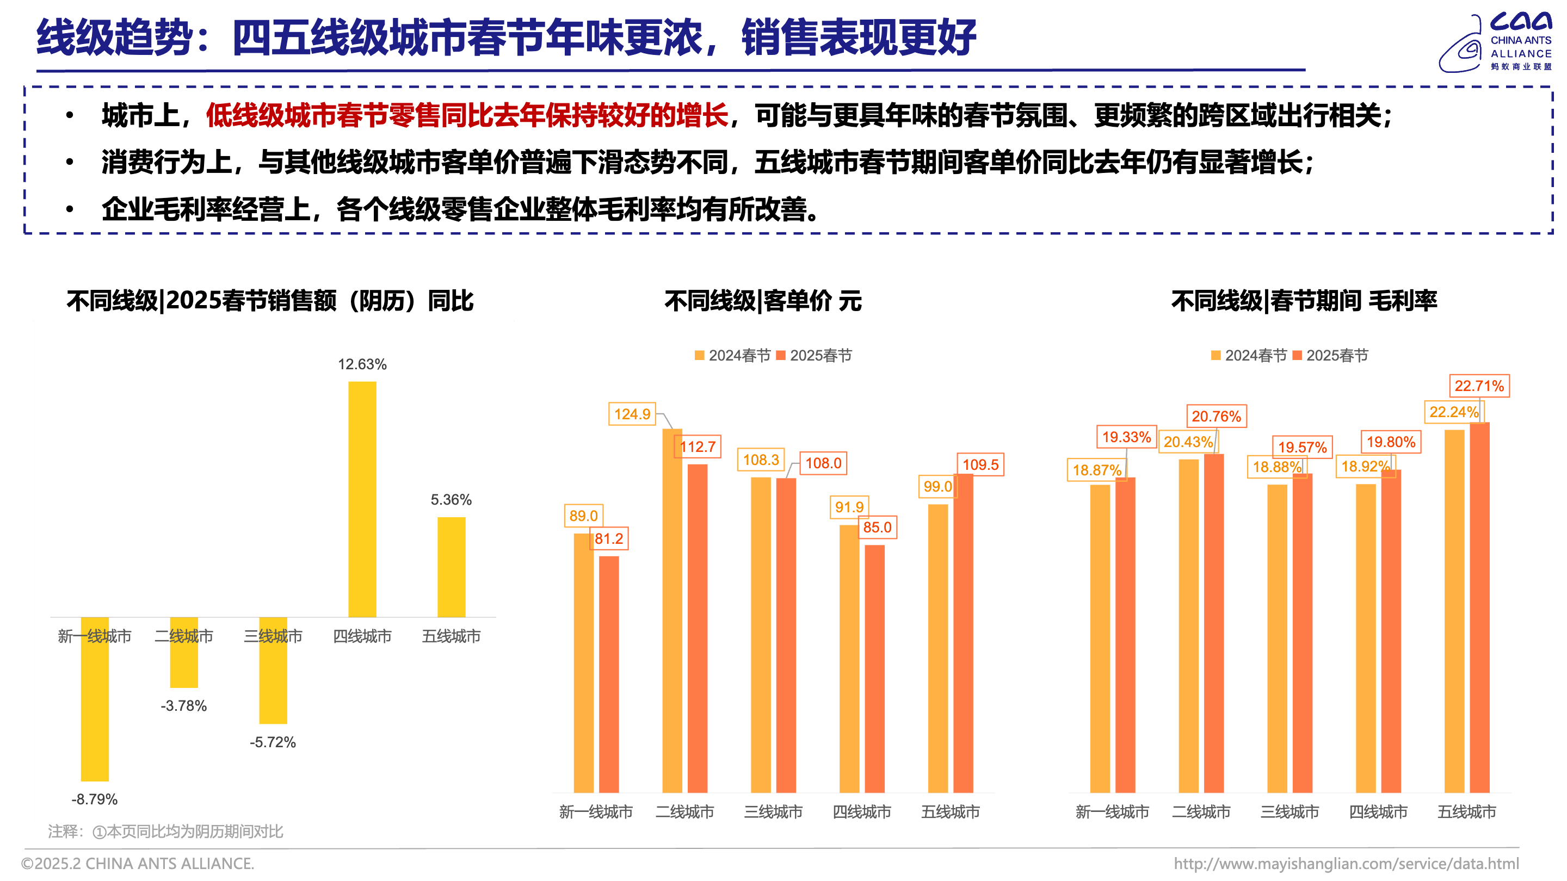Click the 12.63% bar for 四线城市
(362, 499)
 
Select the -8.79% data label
(94, 799)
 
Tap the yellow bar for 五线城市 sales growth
(452, 567)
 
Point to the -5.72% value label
(273, 742)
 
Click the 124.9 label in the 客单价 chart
(632, 414)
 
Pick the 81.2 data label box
(609, 539)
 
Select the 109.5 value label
(980, 465)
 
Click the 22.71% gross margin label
(1479, 386)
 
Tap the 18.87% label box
(1096, 470)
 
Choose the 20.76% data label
(1216, 417)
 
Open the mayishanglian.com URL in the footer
(1346, 864)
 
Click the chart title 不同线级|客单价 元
(763, 301)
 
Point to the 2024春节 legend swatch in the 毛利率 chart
(1216, 356)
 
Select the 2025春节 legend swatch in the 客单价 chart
(781, 356)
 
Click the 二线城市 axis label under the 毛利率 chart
(1201, 812)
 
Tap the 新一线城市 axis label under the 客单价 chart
(596, 812)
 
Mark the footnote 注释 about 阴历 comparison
(165, 831)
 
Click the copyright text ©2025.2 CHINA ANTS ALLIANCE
(138, 864)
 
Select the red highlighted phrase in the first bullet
(467, 115)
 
